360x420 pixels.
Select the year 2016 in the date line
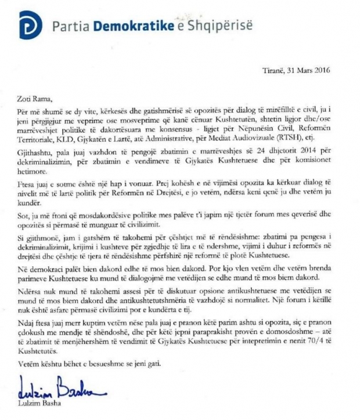point(319,71)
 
